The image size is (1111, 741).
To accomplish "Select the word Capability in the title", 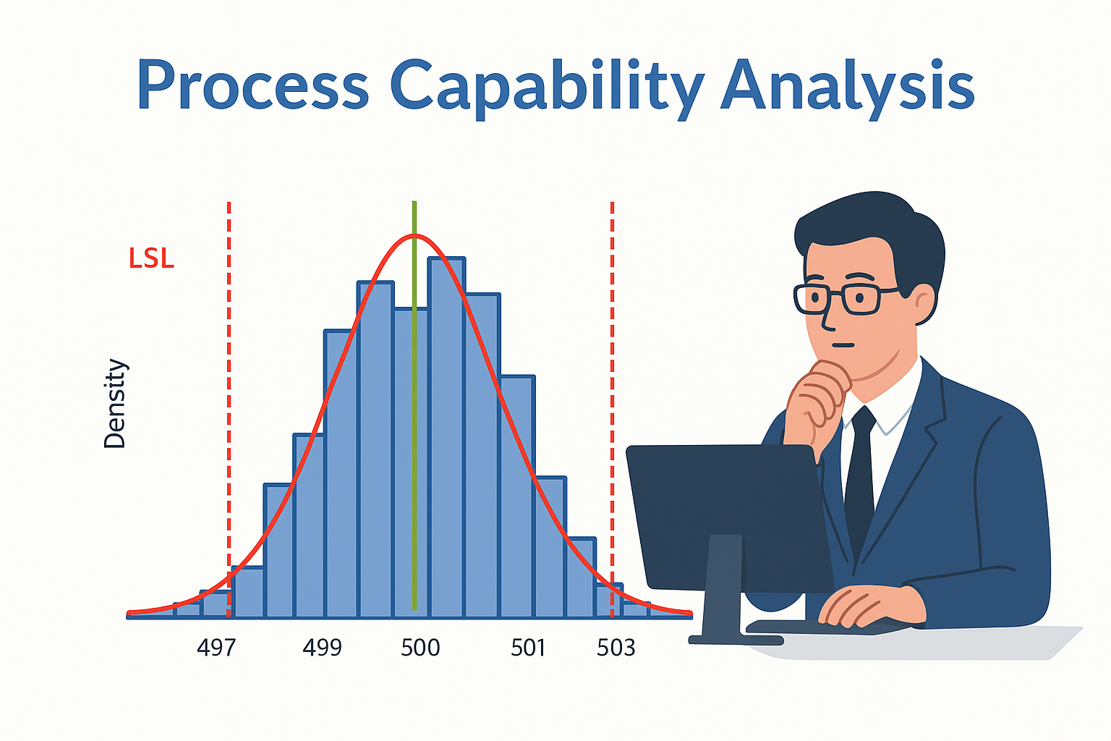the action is (548, 89).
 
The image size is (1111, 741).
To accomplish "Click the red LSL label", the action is (151, 258).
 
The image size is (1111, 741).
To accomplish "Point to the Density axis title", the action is (114, 404).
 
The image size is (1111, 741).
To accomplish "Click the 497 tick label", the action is (216, 648).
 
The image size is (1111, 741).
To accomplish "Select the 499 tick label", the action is (323, 648).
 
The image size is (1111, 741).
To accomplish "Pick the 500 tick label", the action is (420, 648).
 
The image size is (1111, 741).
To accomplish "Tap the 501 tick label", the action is (528, 648).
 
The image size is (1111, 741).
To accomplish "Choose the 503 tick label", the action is (616, 648).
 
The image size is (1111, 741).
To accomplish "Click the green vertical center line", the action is (414, 405).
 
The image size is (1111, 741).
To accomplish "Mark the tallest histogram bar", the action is (447, 437).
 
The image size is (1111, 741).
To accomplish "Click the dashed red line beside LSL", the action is (229, 410).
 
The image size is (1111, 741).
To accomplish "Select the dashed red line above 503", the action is (613, 410).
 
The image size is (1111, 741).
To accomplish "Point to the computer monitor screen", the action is (727, 516).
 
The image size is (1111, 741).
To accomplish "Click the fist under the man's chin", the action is (818, 397).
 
